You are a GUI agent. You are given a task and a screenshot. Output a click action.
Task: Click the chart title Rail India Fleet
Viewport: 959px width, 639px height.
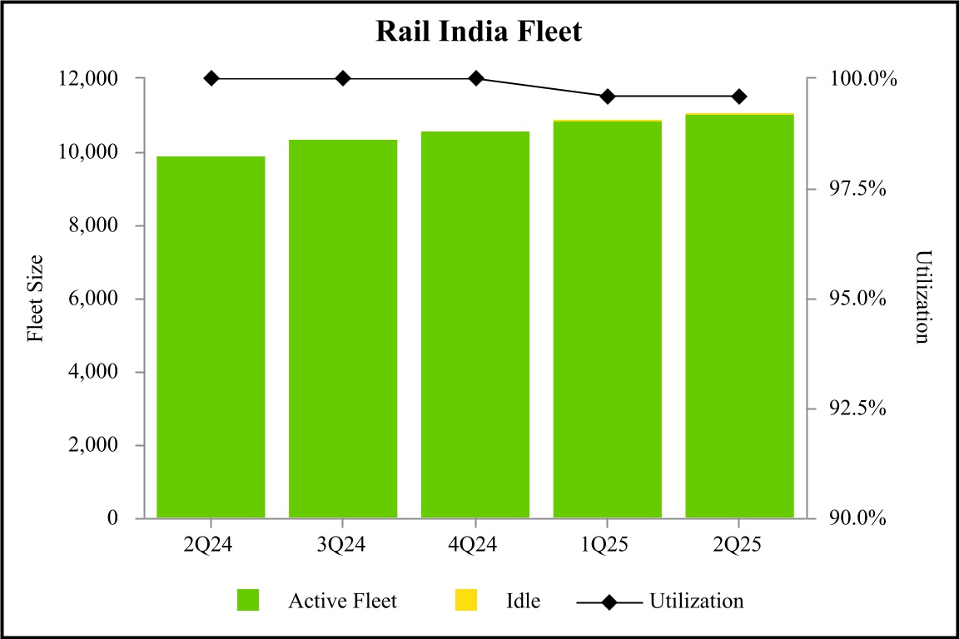click(479, 32)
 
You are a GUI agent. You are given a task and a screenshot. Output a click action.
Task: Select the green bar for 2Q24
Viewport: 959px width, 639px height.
click(211, 337)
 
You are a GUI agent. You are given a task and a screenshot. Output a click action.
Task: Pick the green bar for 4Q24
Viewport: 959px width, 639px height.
click(475, 324)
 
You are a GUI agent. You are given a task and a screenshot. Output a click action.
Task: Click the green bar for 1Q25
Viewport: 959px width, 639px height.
click(607, 319)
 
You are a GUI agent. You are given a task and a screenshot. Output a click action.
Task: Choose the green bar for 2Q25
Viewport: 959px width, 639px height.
click(739, 316)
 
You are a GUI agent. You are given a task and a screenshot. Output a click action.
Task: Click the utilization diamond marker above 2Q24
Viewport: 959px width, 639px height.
click(211, 78)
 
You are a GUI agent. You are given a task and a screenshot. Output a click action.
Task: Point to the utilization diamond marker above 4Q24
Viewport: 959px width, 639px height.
click(475, 78)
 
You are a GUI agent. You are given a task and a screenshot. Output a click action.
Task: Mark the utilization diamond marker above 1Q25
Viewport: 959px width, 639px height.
click(607, 97)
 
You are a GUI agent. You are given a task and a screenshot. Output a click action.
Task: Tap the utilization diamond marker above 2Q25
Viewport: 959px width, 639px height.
click(739, 97)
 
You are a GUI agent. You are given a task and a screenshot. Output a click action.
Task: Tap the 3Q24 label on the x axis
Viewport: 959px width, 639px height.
click(343, 546)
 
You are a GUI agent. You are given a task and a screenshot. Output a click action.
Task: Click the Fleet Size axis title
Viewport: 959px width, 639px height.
click(35, 298)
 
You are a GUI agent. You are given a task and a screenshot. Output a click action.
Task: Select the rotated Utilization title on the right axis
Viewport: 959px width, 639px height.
click(921, 297)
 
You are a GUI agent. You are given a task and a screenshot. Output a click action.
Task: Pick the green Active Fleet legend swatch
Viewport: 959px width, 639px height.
click(248, 600)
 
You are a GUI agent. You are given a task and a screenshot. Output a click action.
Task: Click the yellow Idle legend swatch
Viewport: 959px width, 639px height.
click(466, 600)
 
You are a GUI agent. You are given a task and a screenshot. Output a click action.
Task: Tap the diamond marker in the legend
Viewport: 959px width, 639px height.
click(609, 601)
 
